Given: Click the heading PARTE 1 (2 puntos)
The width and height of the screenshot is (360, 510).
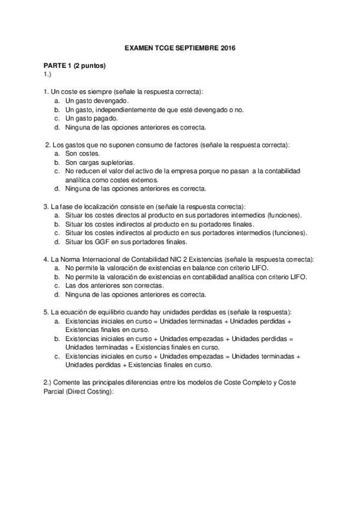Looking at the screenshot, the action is click(x=75, y=65).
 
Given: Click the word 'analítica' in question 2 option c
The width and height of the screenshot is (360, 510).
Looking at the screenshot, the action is click(x=78, y=180).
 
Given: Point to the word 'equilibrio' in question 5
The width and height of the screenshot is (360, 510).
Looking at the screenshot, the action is click(x=115, y=313).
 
